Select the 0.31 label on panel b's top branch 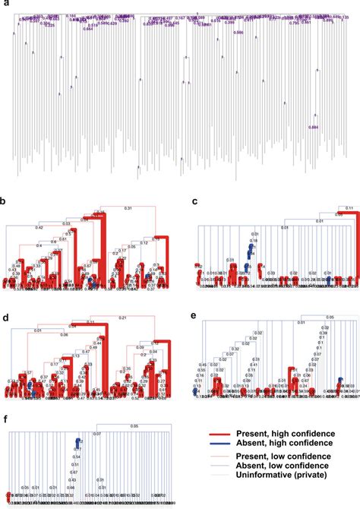pyautogui.click(x=128, y=208)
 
